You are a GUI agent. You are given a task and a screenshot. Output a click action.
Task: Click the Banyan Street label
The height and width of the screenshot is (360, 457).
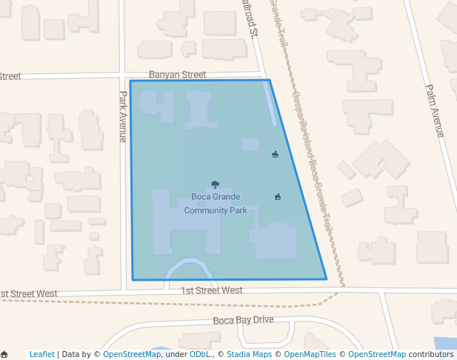[177, 75]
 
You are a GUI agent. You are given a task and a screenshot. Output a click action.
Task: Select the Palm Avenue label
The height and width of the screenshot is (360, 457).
[434, 110]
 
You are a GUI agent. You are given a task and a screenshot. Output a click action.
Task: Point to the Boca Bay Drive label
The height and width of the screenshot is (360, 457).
[243, 320]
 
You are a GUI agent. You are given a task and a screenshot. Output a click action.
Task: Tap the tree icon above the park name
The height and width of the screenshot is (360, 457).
[215, 184]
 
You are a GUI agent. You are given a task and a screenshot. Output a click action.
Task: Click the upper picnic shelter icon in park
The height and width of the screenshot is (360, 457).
[276, 154]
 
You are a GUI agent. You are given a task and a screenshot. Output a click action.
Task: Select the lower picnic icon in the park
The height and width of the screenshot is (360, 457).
[278, 196]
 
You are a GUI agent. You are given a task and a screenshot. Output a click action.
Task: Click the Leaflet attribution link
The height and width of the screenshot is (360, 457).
[42, 354]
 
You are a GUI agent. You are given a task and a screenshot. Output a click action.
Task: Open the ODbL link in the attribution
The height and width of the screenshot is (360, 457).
[199, 354]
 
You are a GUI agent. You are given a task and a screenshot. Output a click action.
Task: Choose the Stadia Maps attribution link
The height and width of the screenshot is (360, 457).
[249, 354]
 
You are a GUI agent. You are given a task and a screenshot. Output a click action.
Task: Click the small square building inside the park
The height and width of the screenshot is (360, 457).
[251, 144]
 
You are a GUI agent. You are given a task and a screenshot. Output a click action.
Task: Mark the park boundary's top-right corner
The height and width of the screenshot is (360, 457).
[269, 80]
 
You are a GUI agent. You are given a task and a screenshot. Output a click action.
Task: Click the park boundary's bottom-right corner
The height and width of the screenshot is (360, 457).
[327, 279]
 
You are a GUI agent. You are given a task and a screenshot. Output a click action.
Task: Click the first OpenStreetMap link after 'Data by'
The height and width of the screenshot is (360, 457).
[132, 354]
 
